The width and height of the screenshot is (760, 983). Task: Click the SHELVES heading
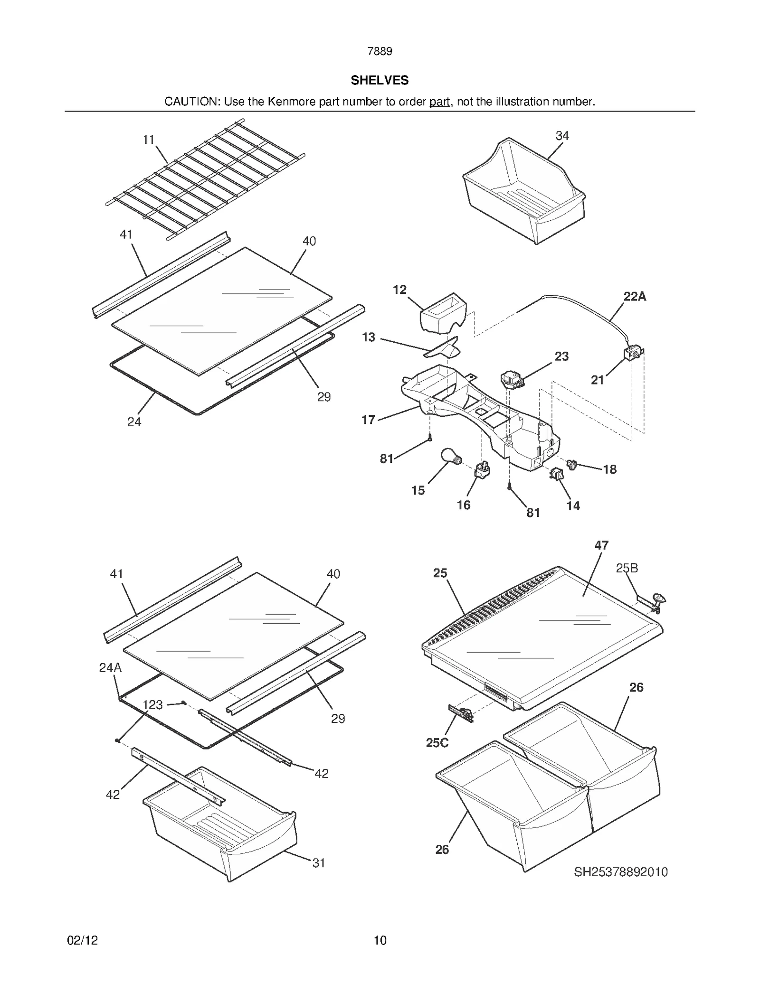coord(380,80)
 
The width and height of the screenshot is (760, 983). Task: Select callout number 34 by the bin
coord(562,136)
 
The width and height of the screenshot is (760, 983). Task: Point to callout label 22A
coord(635,297)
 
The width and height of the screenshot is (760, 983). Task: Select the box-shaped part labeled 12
coord(444,311)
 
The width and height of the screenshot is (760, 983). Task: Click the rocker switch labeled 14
coord(556,473)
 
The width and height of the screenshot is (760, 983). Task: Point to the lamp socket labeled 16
coord(482,470)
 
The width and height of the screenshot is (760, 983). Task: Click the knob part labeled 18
coord(572,463)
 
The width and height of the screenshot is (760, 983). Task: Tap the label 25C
coord(437,743)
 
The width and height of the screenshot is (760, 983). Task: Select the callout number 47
coord(601,545)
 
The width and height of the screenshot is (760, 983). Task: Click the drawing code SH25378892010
coord(621,872)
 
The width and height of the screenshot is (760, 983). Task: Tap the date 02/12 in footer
coord(83,940)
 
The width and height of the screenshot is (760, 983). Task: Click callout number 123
coord(152,705)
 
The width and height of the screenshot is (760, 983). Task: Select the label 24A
coord(110,668)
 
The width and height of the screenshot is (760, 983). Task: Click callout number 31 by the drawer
coord(319,863)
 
